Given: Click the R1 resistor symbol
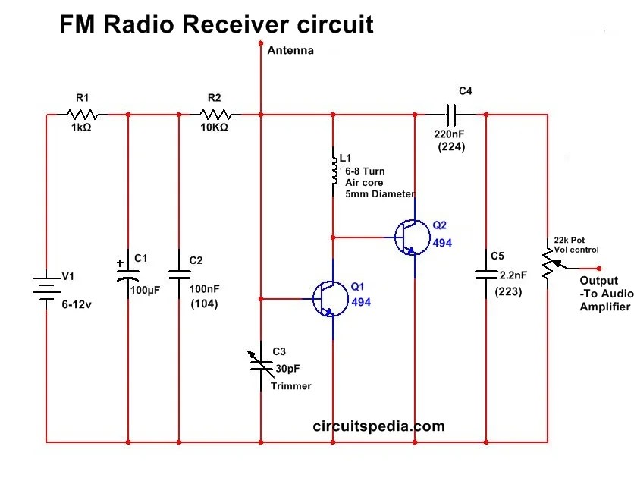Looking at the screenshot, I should pos(83,115).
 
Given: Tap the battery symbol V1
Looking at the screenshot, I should pos(46,288).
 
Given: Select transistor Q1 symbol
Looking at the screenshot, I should pos(328,298).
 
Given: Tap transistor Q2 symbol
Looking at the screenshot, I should pos(410,237).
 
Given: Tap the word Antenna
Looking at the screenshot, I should pos(290,51).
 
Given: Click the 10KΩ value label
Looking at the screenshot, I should pos(213,127).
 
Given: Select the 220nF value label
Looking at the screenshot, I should pos(450,134).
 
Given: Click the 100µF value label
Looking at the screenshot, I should pos(145,290).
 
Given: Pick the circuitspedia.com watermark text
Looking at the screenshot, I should pos(378,426).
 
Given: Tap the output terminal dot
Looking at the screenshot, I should pos(599,268).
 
